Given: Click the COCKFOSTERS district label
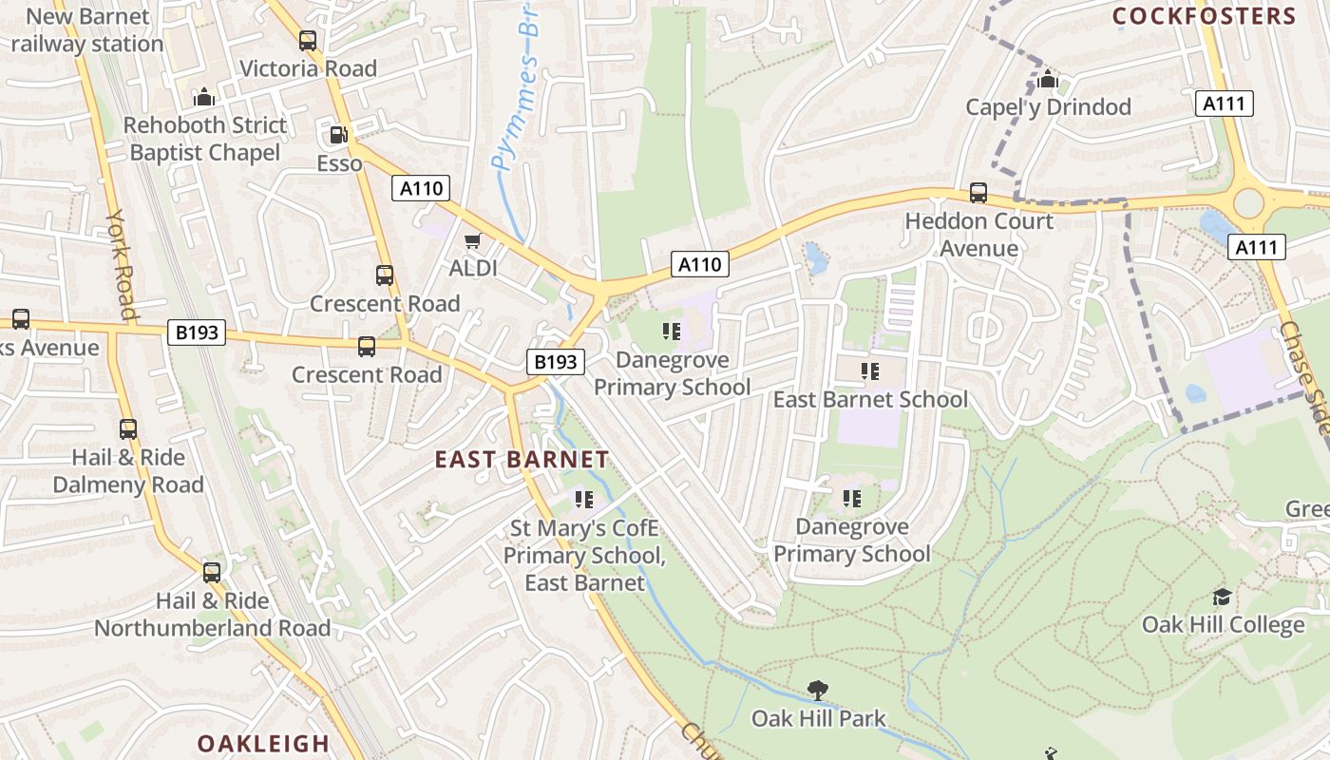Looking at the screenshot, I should point(1204,16).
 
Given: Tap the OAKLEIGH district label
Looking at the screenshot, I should point(263,743).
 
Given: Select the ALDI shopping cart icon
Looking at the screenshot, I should point(472,242).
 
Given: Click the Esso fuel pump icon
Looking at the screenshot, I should point(338,136).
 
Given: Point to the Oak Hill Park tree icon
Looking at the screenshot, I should point(817,690).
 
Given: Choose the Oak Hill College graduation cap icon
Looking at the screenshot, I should point(1222,597).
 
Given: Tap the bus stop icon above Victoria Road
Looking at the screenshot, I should point(307,41).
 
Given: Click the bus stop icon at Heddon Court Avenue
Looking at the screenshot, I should point(978,193).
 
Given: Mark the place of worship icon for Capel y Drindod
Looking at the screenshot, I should point(1048,80).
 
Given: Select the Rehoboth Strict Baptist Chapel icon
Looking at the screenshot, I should point(204,97).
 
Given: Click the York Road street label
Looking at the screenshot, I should point(122,264).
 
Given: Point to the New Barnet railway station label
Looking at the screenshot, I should point(87,30).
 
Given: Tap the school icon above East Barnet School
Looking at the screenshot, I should point(869,371).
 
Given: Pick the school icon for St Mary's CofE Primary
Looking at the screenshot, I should point(584,499).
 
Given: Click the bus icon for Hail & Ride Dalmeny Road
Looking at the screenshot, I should point(128,429).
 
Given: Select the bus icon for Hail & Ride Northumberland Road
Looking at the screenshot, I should point(212,573).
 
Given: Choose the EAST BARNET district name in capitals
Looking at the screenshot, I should point(522,460).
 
